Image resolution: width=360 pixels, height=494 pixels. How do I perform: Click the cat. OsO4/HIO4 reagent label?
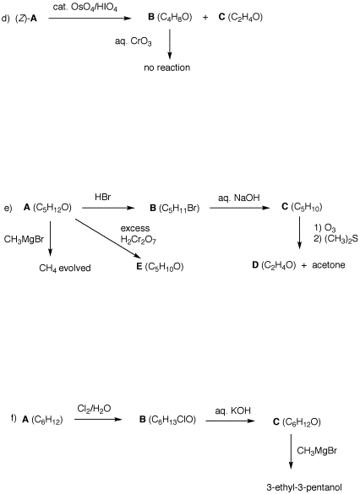85,8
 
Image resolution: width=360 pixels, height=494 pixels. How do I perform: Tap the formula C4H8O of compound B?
174,18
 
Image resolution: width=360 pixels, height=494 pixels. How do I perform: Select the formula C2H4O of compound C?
245,18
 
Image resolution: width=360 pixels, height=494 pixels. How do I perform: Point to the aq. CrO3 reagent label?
133,41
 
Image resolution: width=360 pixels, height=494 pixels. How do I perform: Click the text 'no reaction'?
167,68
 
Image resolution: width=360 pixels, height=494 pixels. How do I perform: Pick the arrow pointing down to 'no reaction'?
170,44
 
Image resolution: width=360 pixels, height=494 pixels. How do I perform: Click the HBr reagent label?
103,198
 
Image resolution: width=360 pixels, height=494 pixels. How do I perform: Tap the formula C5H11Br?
179,209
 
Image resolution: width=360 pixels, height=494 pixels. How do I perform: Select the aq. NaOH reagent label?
239,198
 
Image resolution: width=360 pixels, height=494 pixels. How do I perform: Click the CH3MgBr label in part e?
24,240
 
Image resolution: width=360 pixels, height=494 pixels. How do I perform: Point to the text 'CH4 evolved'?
65,268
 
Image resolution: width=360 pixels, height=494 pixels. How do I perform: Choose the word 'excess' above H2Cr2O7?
135,228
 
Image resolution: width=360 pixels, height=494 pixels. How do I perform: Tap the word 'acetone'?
329,265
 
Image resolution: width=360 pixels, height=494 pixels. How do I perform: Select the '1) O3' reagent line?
325,228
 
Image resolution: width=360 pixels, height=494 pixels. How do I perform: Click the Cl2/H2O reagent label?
94,409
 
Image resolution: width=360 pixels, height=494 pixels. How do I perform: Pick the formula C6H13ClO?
172,420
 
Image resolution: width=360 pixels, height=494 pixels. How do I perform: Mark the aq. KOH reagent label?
233,411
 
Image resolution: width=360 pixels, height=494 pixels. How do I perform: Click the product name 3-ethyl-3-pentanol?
304,487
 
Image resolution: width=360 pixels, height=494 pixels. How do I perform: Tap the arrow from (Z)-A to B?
90,19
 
